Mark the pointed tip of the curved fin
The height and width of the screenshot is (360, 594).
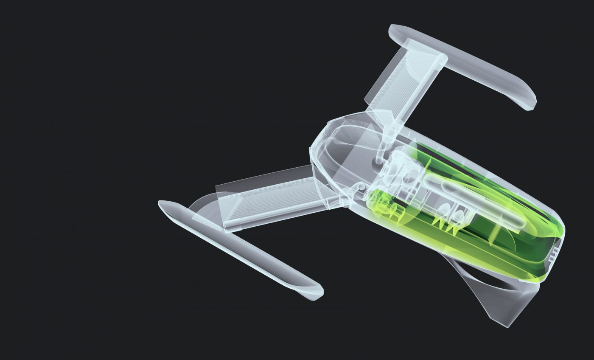pyautogui.click(x=507, y=325)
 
